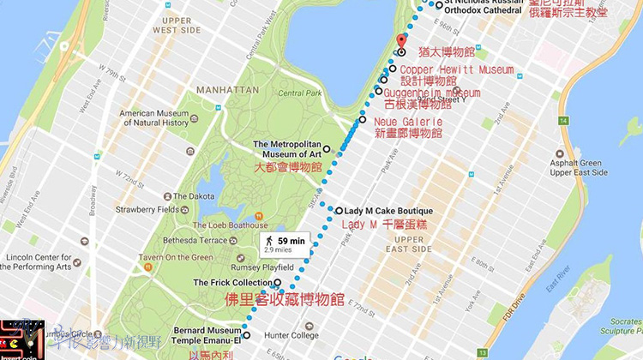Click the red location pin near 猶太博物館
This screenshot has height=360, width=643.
click(401, 42)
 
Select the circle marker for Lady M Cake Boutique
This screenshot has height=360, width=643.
click(339, 211)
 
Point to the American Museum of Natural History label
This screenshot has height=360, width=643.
click(154, 117)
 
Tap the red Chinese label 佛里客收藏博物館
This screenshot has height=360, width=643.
click(285, 300)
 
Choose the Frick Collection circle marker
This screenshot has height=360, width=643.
click(277, 283)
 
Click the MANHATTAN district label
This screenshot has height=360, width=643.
click(227, 89)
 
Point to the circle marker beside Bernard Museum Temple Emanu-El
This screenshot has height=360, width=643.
click(246, 336)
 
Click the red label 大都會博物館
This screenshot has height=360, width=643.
click(287, 167)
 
